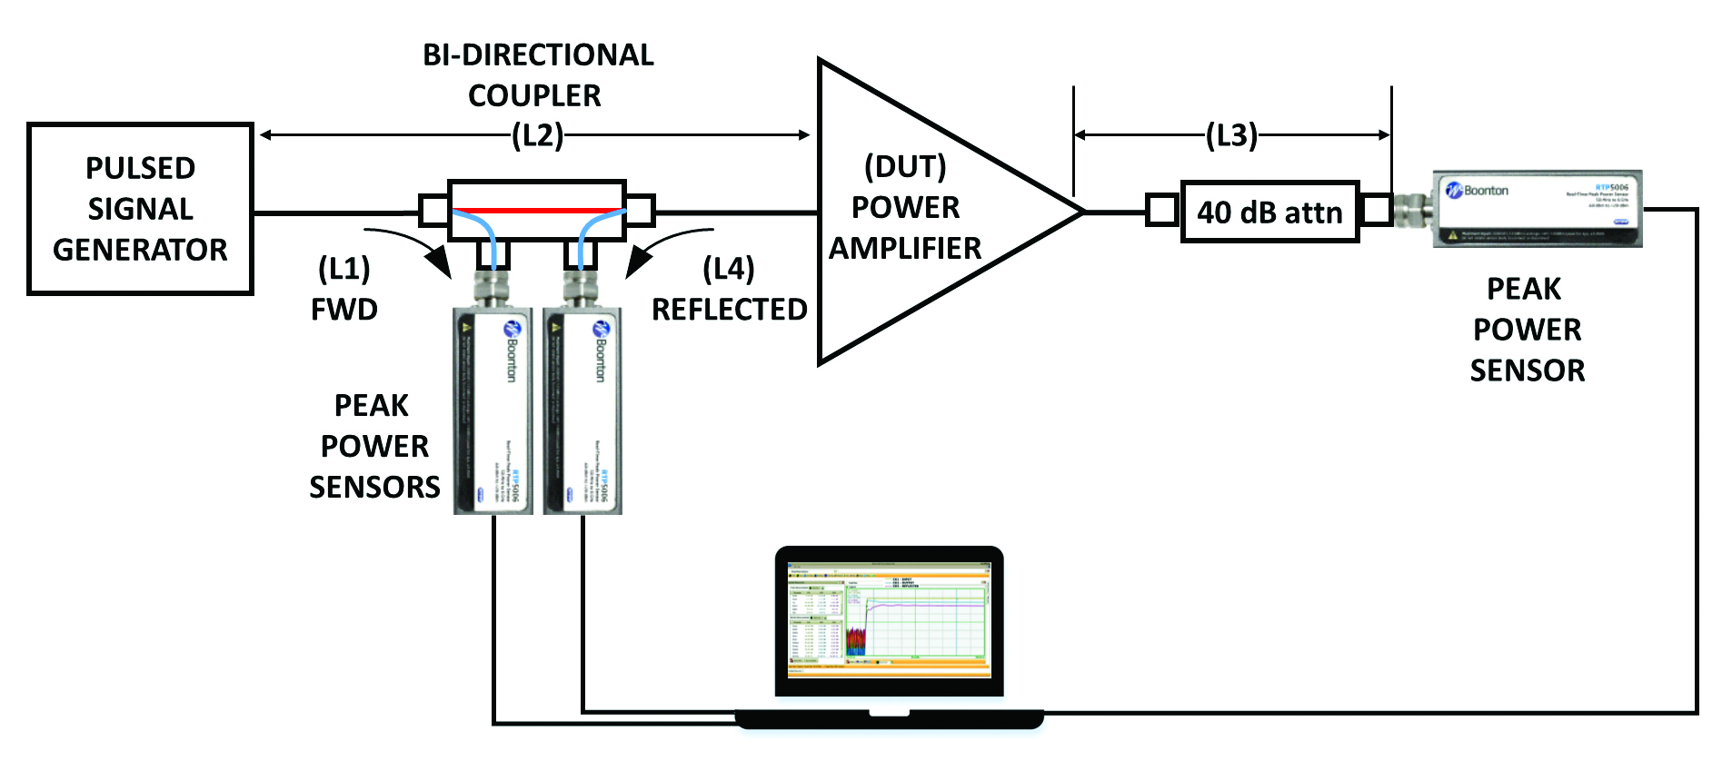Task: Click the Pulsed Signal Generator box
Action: tap(140, 209)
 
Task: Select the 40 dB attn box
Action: tap(1269, 212)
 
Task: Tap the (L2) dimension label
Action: tap(537, 136)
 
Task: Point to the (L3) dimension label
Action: tap(1231, 135)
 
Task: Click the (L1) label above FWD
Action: tap(343, 269)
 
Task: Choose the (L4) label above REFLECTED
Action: tap(728, 269)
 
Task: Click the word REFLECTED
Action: tap(729, 310)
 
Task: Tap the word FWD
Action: tap(343, 310)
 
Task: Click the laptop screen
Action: tap(888, 619)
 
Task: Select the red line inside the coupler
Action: tap(536, 210)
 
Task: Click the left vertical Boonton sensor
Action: tap(493, 409)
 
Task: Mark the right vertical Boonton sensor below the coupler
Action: tap(582, 409)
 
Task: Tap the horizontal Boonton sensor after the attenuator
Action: tap(1536, 208)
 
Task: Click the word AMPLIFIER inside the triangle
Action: tap(905, 248)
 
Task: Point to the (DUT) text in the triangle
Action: tap(905, 166)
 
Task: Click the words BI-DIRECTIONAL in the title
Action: tap(538, 55)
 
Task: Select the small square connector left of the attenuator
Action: tap(1161, 211)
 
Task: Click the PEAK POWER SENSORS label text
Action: tap(373, 446)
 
